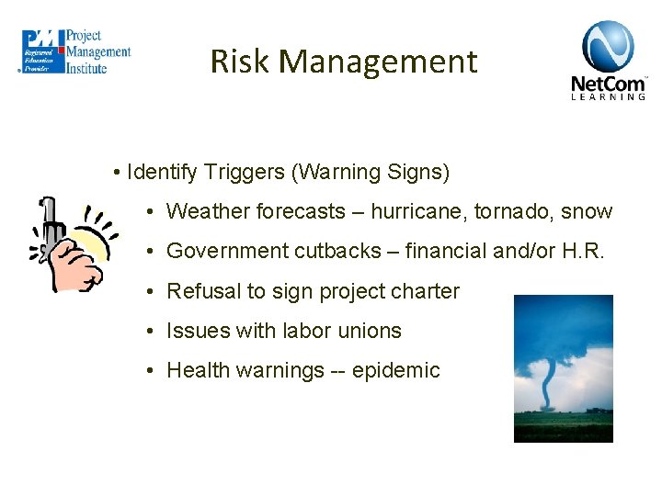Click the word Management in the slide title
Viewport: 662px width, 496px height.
coord(378,62)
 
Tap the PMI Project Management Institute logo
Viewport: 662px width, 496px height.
coord(76,51)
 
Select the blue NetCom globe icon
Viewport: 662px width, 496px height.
coord(608,46)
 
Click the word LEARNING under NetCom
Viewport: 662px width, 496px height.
coord(609,96)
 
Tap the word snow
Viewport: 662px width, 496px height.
coord(587,211)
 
